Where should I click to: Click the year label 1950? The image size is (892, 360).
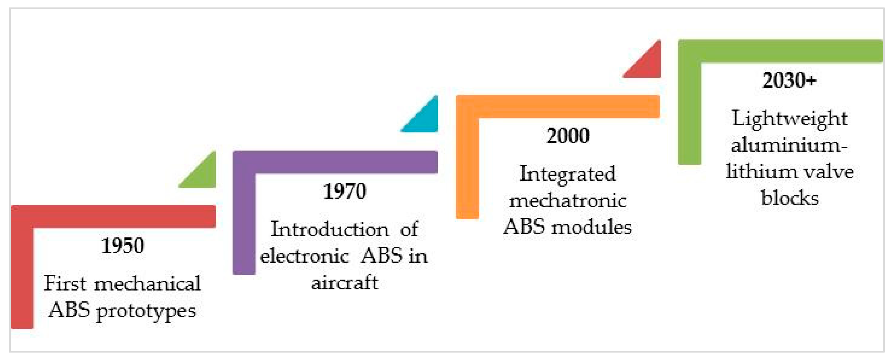click(123, 246)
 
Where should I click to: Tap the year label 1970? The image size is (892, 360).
click(344, 191)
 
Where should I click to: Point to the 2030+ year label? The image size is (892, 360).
click(790, 81)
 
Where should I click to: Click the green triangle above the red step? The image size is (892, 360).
click(203, 175)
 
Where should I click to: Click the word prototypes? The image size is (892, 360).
click(146, 311)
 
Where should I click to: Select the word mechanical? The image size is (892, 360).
click(147, 284)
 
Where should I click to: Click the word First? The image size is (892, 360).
click(65, 284)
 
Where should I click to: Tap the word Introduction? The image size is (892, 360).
click(330, 229)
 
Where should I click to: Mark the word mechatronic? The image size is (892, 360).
click(568, 201)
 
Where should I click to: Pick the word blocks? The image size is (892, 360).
click(790, 198)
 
